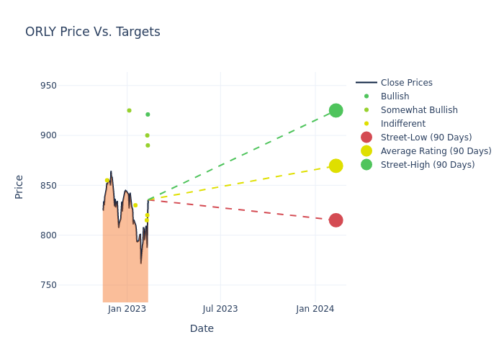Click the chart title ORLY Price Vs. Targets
click(x=93, y=32)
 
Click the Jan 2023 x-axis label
click(x=127, y=309)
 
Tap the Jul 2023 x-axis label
click(x=220, y=309)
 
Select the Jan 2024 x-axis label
click(x=315, y=309)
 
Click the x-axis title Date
click(x=202, y=329)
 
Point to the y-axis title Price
click(x=19, y=186)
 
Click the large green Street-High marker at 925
click(x=336, y=110)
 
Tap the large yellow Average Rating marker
click(x=336, y=166)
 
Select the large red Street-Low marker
click(x=336, y=220)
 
